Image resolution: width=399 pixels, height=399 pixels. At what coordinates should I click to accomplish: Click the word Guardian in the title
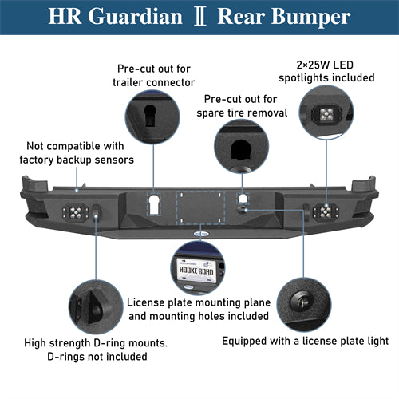pos(135,17)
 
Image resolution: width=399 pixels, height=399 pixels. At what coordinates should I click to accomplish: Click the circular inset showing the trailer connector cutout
pos(152,117)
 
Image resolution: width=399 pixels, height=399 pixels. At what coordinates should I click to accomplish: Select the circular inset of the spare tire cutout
pos(242,147)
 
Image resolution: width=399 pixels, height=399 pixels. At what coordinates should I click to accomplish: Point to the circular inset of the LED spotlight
pos(326,113)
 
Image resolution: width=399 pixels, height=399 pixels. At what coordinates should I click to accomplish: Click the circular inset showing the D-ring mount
pos(96,306)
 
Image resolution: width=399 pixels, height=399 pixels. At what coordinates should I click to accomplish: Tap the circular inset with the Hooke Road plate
pos(198,268)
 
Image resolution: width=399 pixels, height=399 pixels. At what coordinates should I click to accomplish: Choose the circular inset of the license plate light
pos(304,304)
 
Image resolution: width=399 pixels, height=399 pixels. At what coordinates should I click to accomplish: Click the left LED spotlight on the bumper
pos(75,212)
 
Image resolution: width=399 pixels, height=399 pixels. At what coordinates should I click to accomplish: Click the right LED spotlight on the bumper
pos(326,212)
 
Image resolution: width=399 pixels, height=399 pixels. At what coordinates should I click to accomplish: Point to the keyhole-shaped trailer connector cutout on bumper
pos(154,204)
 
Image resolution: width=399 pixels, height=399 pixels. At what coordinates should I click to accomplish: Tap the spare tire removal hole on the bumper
pos(243,199)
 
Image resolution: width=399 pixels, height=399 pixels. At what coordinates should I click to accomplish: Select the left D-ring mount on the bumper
pos(96,213)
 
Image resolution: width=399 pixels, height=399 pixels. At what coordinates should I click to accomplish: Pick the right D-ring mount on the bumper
pos(306,212)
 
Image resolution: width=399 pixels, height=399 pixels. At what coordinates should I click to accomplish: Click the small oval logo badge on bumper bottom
pos(201,234)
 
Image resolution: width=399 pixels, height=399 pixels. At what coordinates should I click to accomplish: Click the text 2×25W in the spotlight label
pos(313,65)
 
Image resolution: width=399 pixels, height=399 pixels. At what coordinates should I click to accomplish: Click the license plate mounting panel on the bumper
pos(201,207)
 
